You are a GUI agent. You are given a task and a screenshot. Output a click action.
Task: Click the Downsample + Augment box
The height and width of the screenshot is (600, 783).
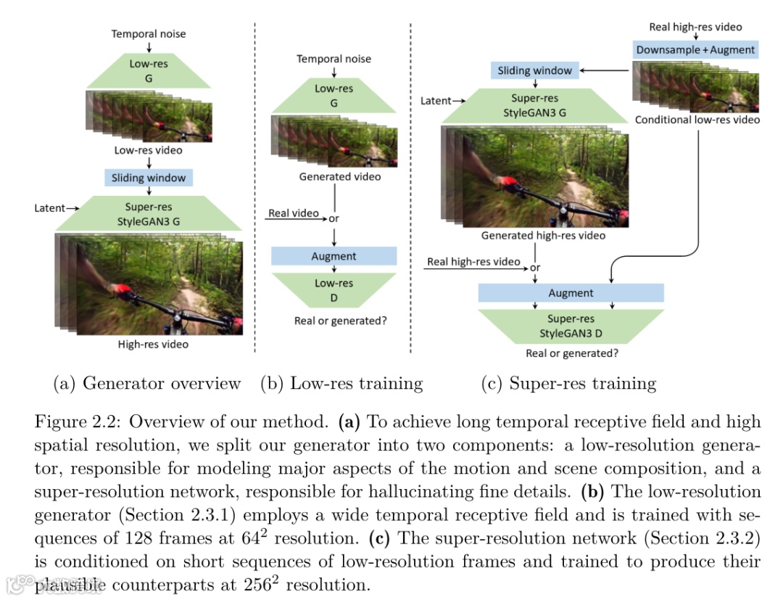point(695,50)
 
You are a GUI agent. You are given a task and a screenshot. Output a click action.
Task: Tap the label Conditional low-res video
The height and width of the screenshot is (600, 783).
point(697,120)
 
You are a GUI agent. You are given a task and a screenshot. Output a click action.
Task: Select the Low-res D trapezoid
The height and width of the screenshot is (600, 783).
point(333,290)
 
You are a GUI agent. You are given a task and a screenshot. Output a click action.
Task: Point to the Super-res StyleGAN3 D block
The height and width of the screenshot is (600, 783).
point(571,326)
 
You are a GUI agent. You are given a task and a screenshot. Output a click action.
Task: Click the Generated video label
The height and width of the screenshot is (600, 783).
point(339,176)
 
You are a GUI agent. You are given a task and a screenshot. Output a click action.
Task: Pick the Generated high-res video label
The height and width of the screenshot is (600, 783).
point(543,236)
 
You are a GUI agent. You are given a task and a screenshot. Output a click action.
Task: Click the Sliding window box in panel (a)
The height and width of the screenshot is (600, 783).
point(148,178)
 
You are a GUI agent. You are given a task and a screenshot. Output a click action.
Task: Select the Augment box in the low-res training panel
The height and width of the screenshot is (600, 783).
point(333,256)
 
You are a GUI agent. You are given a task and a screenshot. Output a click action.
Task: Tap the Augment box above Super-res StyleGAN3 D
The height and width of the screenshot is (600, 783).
point(571,293)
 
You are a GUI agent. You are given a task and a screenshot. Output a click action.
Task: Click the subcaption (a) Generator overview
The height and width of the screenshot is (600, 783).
point(147,383)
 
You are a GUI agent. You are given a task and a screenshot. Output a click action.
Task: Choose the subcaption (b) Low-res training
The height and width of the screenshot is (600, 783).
point(341,383)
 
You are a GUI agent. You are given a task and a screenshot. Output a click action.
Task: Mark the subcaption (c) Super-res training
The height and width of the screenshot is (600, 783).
point(568,383)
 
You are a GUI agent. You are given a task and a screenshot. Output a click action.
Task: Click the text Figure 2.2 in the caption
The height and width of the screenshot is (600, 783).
point(77,422)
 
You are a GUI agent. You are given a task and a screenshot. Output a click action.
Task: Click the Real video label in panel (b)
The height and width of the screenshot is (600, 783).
point(294,213)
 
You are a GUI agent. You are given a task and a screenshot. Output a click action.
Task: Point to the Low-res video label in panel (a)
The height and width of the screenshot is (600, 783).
point(148,151)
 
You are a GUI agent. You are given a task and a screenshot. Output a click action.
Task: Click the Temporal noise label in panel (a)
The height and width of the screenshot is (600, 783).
point(148,34)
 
